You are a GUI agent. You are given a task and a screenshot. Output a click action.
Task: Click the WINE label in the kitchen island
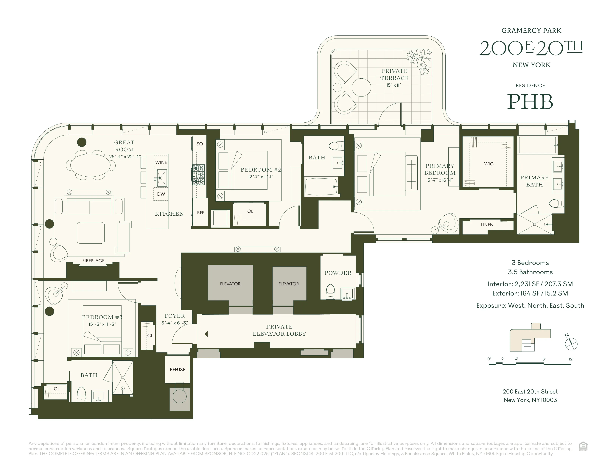[161, 162]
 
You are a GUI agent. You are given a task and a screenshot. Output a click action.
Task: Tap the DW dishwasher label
[161, 194]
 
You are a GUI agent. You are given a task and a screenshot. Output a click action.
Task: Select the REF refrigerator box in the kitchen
[200, 213]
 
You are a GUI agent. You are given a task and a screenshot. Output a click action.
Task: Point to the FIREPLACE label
[93, 261]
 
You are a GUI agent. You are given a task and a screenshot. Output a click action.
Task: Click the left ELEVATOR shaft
[230, 284]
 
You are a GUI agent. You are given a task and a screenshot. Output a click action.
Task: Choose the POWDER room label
[338, 273]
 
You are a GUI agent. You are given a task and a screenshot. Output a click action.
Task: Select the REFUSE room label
[177, 369]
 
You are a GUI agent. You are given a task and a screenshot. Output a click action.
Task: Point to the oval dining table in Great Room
[90, 165]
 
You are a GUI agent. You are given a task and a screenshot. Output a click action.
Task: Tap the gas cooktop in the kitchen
[199, 175]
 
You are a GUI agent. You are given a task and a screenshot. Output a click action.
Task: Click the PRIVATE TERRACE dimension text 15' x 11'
[394, 85]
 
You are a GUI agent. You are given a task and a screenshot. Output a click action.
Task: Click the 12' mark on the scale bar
[571, 359]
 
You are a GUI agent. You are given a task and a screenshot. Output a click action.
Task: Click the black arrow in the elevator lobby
[206, 334]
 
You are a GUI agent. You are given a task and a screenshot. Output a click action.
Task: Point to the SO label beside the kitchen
[199, 144]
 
